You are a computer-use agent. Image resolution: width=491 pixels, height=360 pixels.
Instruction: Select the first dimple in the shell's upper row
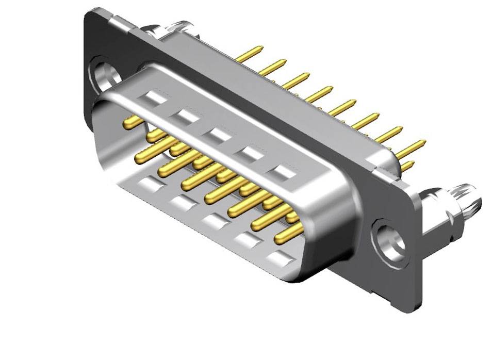click(x=155, y=97)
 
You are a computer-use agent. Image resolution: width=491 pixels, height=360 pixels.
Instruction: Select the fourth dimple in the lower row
click(x=247, y=240)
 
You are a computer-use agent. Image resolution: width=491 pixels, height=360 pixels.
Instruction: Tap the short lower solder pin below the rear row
click(x=407, y=166)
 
